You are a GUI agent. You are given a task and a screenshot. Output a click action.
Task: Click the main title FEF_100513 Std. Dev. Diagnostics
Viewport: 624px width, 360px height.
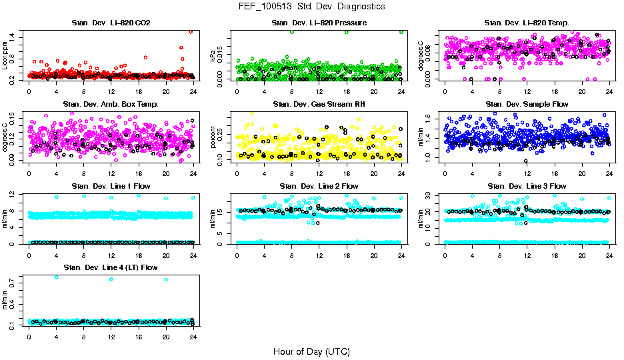pyautogui.click(x=311, y=6)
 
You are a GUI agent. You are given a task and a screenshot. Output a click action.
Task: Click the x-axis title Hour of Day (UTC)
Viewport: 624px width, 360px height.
pyautogui.click(x=311, y=351)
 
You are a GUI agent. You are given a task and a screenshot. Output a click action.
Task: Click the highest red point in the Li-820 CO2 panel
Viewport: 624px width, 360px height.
pyautogui.click(x=191, y=31)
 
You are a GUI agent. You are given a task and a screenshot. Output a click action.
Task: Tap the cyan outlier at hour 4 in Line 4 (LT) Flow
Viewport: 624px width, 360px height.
pyautogui.click(x=56, y=277)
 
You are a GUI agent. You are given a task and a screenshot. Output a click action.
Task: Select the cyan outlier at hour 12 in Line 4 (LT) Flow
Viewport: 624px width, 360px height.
pyautogui.click(x=111, y=279)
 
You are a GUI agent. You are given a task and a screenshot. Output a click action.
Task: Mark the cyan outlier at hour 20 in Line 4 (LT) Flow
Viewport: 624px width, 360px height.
pyautogui.click(x=165, y=279)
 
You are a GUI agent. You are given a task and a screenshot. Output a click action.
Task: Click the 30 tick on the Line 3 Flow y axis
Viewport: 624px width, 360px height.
pyautogui.click(x=431, y=195)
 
